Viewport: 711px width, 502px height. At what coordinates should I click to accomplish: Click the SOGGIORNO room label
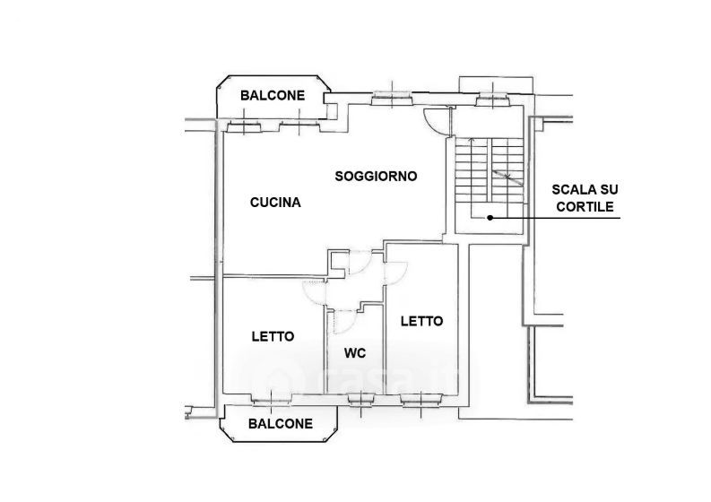[376, 176]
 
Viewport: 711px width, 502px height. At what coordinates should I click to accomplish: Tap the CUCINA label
[275, 203]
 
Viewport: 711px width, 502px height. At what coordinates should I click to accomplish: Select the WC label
[355, 353]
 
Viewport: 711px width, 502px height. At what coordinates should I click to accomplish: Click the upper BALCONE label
[273, 96]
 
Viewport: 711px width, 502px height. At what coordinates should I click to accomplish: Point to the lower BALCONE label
[281, 424]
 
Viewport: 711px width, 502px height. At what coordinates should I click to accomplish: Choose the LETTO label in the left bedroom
[273, 336]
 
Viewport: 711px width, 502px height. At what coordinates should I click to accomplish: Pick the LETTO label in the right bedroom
[421, 322]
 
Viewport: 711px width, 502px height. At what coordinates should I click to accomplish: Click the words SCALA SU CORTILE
[585, 198]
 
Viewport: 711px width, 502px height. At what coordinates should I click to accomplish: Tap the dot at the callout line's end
[490, 218]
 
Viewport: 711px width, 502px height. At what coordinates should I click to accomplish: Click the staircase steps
[489, 170]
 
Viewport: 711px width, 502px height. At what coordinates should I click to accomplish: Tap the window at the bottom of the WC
[361, 399]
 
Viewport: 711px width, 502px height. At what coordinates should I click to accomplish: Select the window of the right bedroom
[421, 399]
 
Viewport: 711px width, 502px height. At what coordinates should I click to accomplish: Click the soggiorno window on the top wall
[392, 98]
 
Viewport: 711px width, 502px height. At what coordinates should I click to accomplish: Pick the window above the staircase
[493, 99]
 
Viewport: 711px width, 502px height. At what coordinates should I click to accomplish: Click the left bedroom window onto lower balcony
[271, 399]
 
